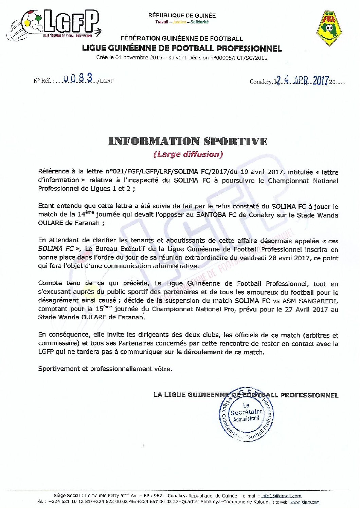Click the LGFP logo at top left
pos(54,24)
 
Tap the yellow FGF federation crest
pos(329,28)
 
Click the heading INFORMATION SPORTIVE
pos(188,141)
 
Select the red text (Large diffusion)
pos(188,154)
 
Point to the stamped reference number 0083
pos(78,78)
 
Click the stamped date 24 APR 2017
pos(302,80)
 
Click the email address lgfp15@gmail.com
pos(281,496)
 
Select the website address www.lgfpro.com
pos(305,502)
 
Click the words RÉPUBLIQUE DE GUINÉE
pos(182,15)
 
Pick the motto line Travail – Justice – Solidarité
pos(182,22)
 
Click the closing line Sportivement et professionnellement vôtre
pos(105,369)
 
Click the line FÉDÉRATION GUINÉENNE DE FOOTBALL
pos(182,39)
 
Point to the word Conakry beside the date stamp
pos(260,82)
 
